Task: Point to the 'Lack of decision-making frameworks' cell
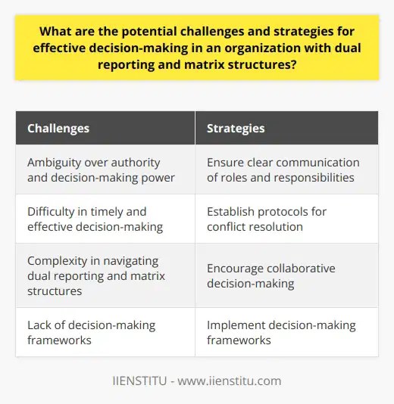(106, 332)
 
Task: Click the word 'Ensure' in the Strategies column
(225, 162)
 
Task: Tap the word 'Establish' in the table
(231, 212)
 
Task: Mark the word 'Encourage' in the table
(235, 269)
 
